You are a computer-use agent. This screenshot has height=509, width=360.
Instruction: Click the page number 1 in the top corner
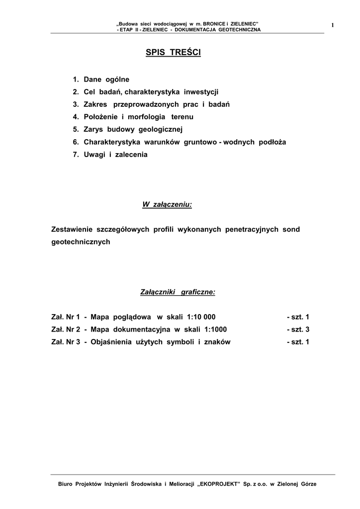pyautogui.click(x=332, y=25)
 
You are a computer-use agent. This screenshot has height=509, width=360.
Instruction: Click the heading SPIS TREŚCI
pyautogui.click(x=173, y=53)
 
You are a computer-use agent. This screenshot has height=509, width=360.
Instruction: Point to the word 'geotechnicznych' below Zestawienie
pyautogui.click(x=81, y=242)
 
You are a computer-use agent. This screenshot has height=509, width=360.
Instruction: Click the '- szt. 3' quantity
pyautogui.click(x=298, y=330)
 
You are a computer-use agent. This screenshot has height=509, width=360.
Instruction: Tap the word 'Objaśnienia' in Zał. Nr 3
pyautogui.click(x=112, y=342)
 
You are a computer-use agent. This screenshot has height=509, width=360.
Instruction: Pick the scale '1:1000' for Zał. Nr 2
pyautogui.click(x=212, y=330)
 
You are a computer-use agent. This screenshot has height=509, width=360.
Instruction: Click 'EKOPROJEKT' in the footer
pyautogui.click(x=219, y=484)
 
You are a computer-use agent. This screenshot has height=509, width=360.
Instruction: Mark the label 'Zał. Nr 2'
pyautogui.click(x=66, y=330)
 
